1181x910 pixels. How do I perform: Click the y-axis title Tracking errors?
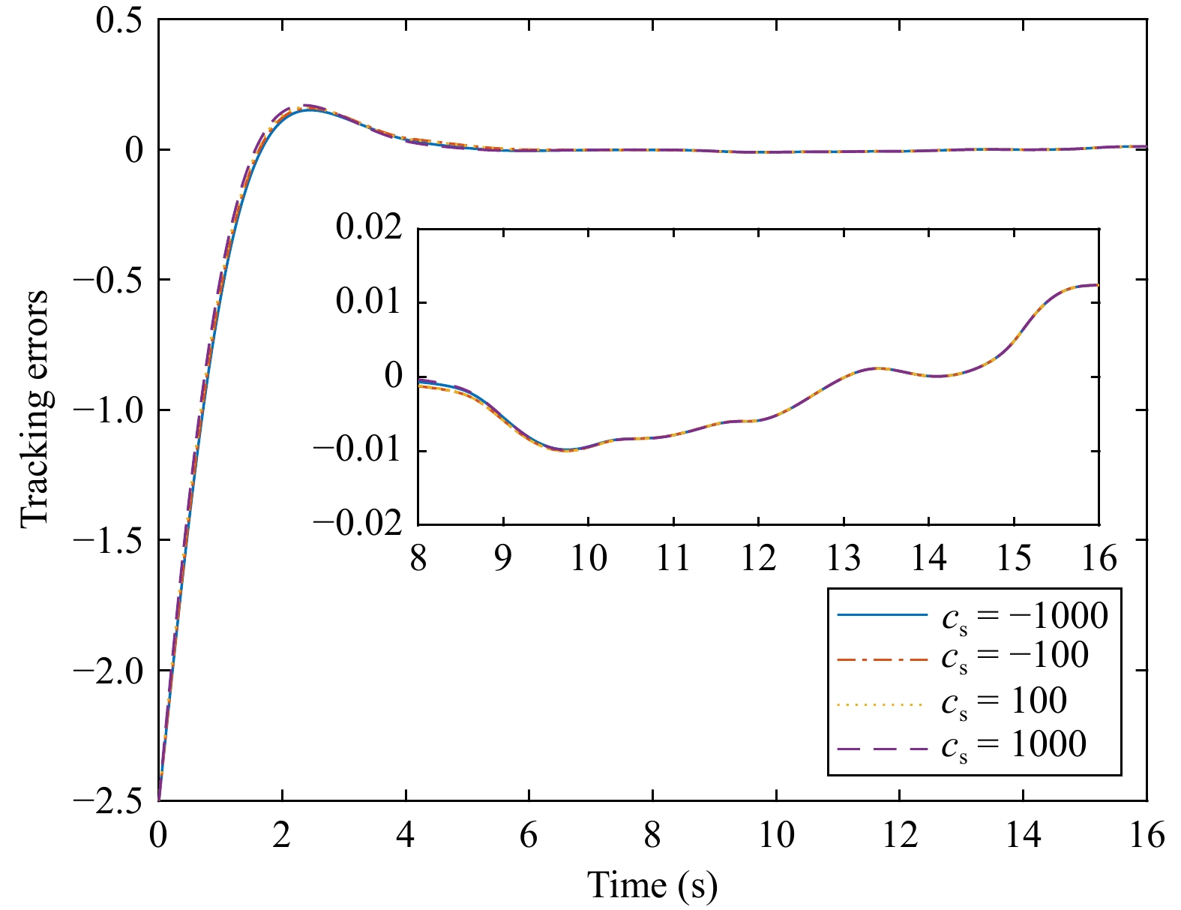[x=34, y=409]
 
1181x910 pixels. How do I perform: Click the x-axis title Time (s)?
[x=652, y=885]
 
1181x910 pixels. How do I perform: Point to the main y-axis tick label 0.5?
[x=119, y=20]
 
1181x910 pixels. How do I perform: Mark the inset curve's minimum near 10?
[x=566, y=450]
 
